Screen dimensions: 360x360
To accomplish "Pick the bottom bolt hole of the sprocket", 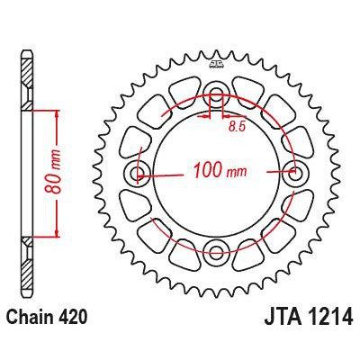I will [x=216, y=251].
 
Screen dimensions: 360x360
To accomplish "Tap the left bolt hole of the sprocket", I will [x=139, y=174].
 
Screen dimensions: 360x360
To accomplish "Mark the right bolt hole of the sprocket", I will [x=293, y=174].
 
